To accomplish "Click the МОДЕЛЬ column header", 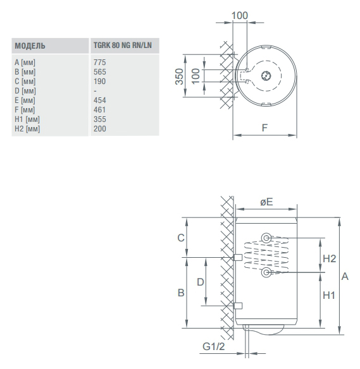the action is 30,45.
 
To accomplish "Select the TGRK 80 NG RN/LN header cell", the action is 123,45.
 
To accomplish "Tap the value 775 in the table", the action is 100,63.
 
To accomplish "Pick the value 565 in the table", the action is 100,72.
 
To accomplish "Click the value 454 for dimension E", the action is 100,100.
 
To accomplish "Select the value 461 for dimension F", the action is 100,110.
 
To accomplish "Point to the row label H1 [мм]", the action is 27,119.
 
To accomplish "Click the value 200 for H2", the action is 100,129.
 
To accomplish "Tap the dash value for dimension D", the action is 95,91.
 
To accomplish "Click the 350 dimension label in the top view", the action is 179,76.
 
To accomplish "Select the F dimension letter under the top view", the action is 265,128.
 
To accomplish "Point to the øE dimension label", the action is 266,202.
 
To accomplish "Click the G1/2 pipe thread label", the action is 214,346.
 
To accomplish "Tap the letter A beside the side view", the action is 345,276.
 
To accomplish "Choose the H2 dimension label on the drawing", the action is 330,258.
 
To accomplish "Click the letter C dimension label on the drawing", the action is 181,238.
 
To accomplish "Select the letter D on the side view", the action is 201,282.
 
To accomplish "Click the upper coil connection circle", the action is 266,238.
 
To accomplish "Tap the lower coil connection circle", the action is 266,272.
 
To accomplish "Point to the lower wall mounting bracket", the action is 238,306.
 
